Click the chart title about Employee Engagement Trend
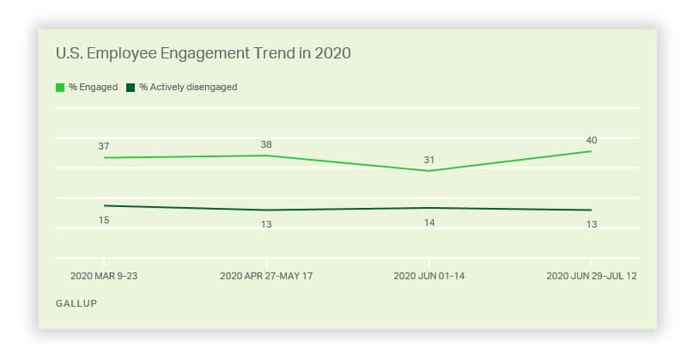click(203, 53)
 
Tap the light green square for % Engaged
click(60, 87)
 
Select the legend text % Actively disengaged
click(188, 87)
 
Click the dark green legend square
click(131, 87)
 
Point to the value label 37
click(104, 147)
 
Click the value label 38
click(266, 144)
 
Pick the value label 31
click(429, 160)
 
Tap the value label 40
click(592, 140)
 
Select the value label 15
click(104, 220)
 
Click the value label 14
click(429, 223)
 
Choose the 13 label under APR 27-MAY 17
click(266, 224)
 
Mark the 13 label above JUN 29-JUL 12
click(592, 224)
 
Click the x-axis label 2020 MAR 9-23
click(104, 276)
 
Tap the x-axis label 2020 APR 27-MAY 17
click(266, 276)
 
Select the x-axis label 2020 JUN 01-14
click(429, 276)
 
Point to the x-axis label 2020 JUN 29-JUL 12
click(592, 276)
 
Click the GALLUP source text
click(76, 303)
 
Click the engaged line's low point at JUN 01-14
click(429, 171)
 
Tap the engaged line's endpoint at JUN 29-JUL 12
click(592, 151)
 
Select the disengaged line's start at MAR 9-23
click(104, 205)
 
